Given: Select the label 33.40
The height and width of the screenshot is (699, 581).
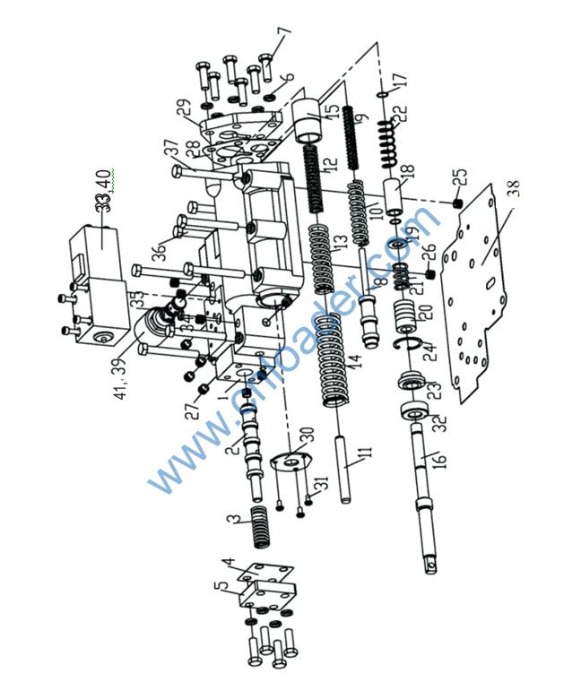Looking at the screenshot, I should tap(105, 190).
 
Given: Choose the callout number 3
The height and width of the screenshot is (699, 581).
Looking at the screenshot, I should tap(232, 520).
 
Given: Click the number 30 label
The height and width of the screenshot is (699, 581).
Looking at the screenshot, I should tap(306, 436).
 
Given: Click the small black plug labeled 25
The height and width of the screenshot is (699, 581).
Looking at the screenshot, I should tap(455, 205).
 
